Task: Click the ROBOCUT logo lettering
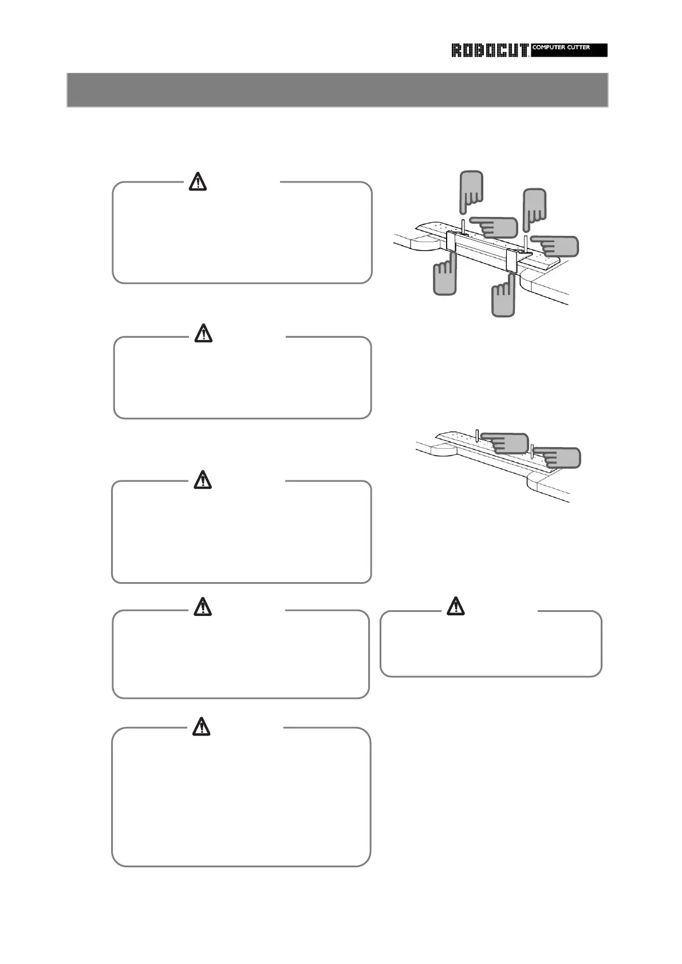pos(490,50)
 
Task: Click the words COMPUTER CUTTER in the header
pos(561,48)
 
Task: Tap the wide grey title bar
pos(337,90)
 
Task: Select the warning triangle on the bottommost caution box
pos(201,726)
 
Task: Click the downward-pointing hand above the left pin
pos(472,189)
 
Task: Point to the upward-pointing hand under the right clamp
pos(503,297)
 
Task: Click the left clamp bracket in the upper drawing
pos(451,242)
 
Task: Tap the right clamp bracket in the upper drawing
pos(512,261)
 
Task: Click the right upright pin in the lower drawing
pos(532,451)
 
